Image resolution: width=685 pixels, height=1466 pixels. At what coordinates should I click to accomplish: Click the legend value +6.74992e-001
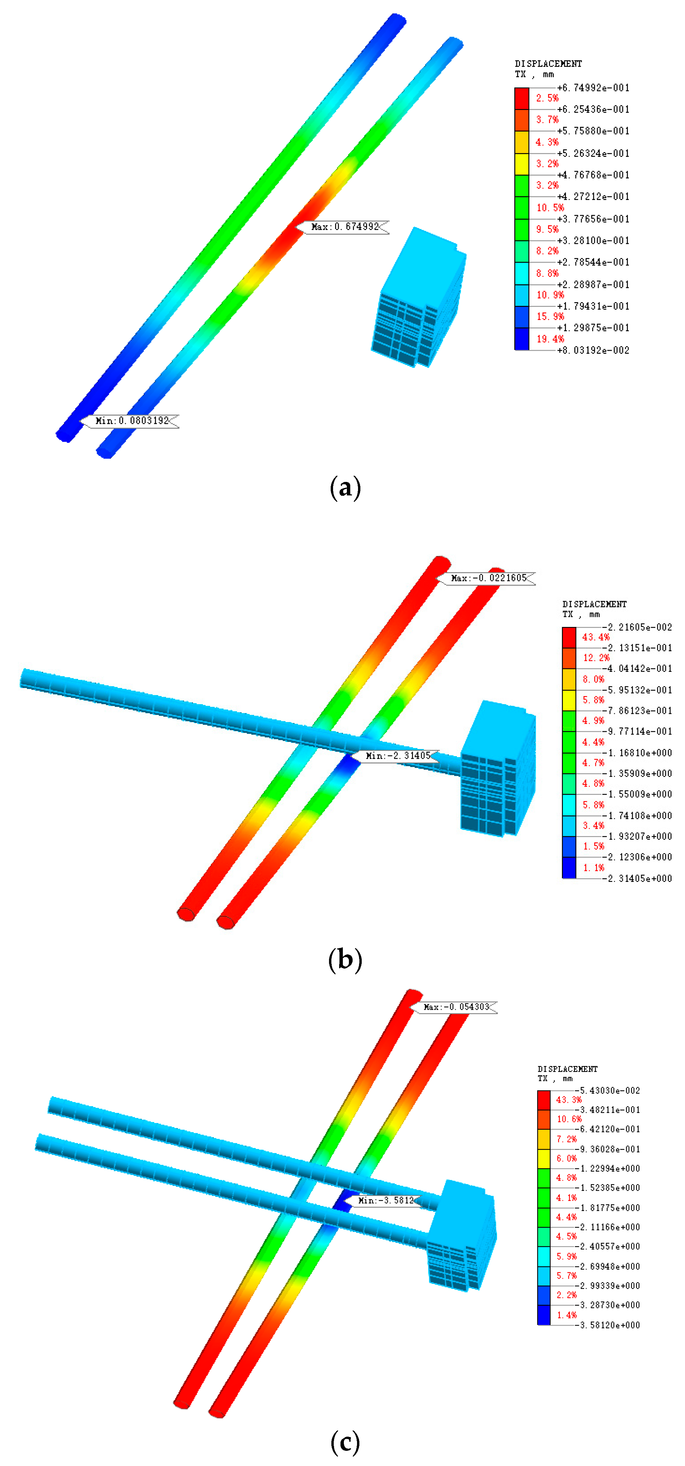pos(593,88)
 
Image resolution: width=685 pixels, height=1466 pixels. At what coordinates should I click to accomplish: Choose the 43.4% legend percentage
pos(596,637)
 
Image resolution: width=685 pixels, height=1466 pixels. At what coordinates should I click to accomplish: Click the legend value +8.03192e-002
pos(593,350)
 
